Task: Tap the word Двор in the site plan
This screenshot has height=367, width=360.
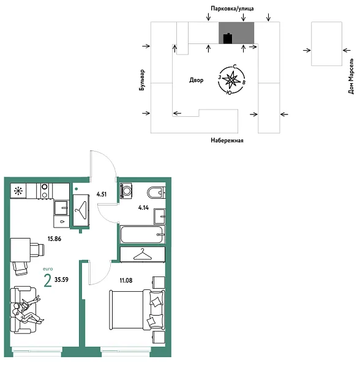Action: click(x=197, y=80)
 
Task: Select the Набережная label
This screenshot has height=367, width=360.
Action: click(x=227, y=141)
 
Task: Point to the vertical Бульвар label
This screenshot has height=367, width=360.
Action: click(x=142, y=80)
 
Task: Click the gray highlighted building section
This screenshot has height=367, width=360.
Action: click(x=236, y=33)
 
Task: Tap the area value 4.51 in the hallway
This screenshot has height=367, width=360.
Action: click(x=102, y=196)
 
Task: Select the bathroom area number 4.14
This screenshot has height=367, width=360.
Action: click(x=143, y=208)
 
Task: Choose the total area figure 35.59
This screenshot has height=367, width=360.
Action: click(x=61, y=281)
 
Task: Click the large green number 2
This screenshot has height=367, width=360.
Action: click(x=47, y=281)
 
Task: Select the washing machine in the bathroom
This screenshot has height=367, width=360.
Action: click(x=127, y=191)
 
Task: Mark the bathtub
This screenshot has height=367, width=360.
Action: click(x=142, y=235)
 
